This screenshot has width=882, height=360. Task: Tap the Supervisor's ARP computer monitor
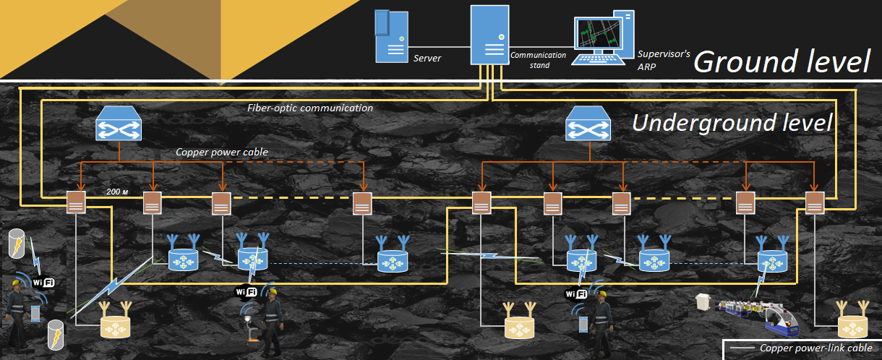(599, 38)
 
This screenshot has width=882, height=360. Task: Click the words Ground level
(782, 61)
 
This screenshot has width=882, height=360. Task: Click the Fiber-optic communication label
(310, 108)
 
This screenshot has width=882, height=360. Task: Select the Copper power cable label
(222, 153)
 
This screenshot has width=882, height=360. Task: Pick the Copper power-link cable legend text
(815, 348)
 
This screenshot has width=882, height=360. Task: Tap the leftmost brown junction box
(76, 202)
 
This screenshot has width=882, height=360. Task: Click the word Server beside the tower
(427, 58)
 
